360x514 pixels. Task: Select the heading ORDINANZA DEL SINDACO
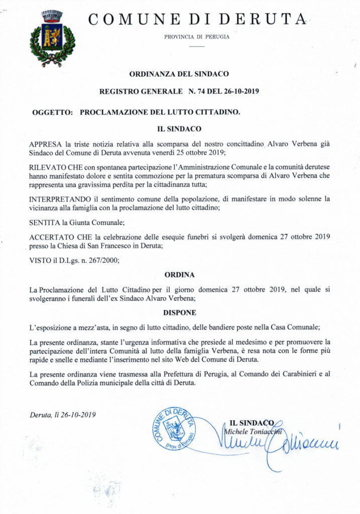pos(179,74)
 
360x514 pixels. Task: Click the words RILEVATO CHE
pos(54,166)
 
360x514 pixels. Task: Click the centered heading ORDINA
pos(179,275)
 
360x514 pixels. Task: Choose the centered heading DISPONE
pos(179,312)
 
